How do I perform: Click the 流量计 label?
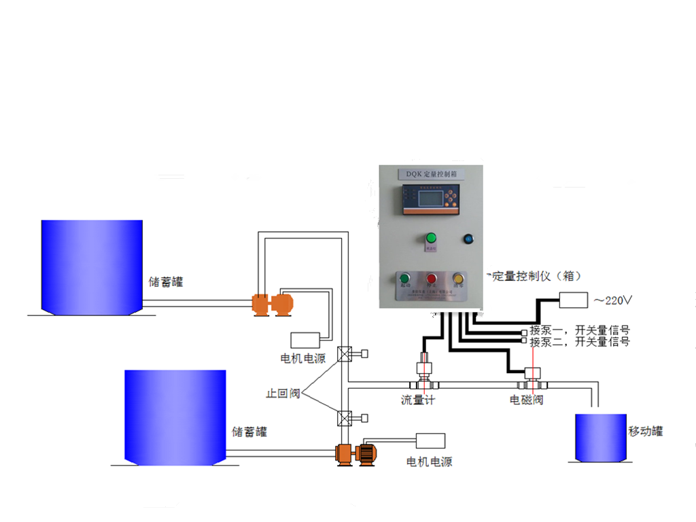pyautogui.click(x=417, y=400)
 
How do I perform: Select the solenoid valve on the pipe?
pyautogui.click(x=532, y=377)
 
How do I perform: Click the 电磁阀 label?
pyautogui.click(x=527, y=400)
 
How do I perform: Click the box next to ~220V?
pyautogui.click(x=572, y=300)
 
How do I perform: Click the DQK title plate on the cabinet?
pyautogui.click(x=431, y=174)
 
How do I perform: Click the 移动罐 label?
pyautogui.click(x=645, y=431)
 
